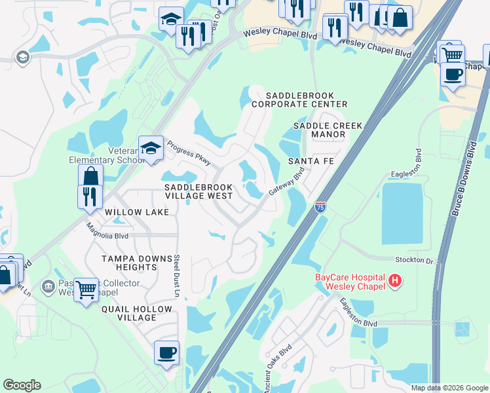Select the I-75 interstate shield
320,208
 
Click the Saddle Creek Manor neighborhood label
319,130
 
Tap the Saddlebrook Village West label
198,191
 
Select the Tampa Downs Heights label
129,263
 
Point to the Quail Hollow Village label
129,313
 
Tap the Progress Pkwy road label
188,153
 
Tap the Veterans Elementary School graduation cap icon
151,147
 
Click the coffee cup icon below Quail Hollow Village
166,353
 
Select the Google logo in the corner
22,385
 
